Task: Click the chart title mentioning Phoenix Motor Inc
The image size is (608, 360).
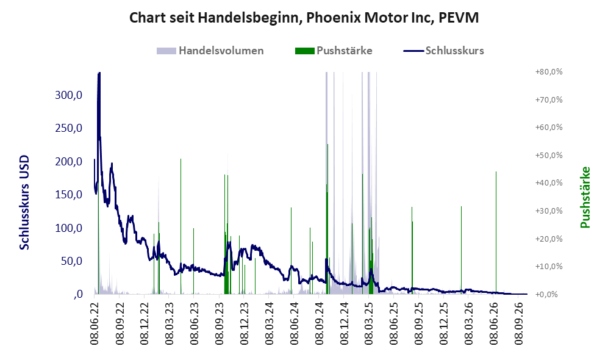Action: coord(304,18)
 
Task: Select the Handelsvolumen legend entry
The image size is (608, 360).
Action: coord(210,51)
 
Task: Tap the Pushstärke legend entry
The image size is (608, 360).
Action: coord(334,51)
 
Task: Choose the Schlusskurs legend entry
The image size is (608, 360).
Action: coord(443,51)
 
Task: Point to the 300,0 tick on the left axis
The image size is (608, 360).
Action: coord(69,95)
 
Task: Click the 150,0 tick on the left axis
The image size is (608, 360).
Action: coord(69,195)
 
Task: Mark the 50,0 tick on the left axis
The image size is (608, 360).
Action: coord(72,261)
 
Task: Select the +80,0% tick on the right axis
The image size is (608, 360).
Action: coord(549,72)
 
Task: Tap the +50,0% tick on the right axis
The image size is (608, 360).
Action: coord(549,155)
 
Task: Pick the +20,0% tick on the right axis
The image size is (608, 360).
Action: coord(549,239)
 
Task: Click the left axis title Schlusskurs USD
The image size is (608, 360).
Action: coord(24,203)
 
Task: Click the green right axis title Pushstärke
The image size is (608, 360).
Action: coord(585,198)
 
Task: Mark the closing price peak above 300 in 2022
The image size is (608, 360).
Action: coord(99,74)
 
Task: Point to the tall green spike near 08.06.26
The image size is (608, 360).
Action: coord(496,232)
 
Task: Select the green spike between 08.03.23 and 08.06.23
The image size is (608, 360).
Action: coord(181,226)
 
